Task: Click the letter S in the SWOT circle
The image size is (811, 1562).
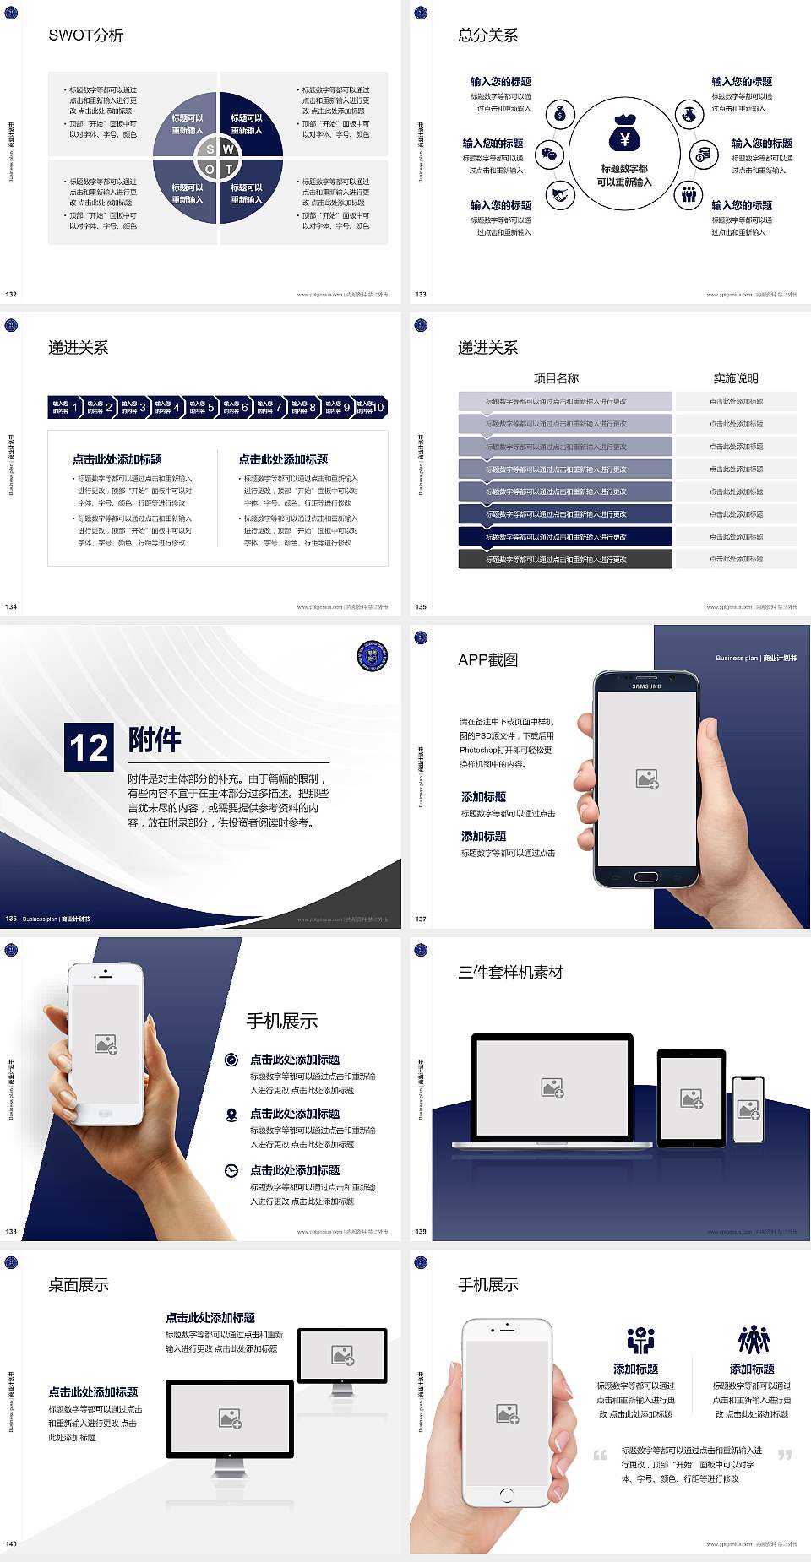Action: point(210,149)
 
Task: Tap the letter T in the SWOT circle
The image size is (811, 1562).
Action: point(229,169)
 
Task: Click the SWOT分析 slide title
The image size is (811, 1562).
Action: point(86,35)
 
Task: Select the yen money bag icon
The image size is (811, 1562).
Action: point(624,133)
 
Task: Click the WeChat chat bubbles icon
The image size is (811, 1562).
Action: point(551,155)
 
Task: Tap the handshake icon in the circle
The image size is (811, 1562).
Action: point(560,196)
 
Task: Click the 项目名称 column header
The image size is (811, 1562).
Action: point(556,378)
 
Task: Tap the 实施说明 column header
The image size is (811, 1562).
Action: point(736,378)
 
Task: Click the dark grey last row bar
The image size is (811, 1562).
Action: point(565,559)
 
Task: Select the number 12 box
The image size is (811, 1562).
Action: point(89,747)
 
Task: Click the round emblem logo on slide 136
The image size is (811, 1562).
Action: point(372,657)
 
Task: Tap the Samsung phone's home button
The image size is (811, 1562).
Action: point(646,877)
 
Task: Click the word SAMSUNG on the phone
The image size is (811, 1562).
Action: point(646,686)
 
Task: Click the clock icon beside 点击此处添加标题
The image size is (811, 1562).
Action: point(231,1170)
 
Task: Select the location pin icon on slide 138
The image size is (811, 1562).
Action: point(231,1115)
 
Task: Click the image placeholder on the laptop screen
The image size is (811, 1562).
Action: point(552,1087)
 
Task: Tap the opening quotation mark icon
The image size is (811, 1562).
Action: point(600,1454)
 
